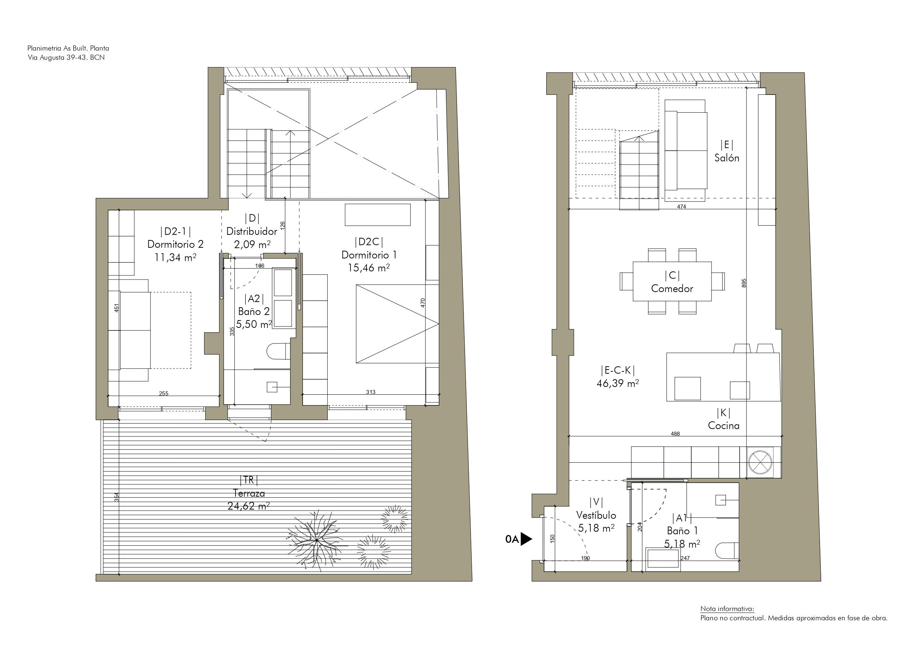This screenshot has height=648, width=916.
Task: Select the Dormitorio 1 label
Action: point(369,255)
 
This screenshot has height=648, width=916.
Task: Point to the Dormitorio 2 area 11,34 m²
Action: point(175,257)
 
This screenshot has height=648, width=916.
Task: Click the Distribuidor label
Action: point(251,231)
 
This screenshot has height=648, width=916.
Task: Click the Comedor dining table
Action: point(672,281)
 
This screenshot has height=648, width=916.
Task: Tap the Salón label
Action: point(727,158)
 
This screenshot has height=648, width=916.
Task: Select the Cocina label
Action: point(723,426)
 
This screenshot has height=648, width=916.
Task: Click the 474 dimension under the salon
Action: point(681,207)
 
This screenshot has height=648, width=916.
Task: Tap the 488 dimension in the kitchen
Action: point(675,433)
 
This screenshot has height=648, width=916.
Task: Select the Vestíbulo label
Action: point(596,515)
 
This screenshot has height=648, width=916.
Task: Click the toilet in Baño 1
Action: point(727,551)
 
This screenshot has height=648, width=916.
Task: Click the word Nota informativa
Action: point(727,609)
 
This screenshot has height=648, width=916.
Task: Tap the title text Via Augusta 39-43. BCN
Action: point(66,58)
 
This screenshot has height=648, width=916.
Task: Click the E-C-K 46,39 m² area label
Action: point(617,383)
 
